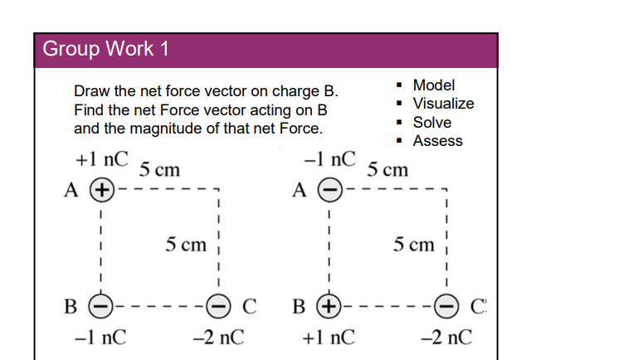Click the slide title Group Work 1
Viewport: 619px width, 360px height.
coord(105,49)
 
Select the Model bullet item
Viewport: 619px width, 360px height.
coord(433,85)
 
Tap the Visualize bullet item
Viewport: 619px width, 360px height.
coord(443,104)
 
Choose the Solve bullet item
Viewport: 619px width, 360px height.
coord(432,122)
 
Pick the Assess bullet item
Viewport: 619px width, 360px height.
coord(437,141)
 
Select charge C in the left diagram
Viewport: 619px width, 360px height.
coord(219,307)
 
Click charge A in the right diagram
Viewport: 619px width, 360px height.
coord(329,190)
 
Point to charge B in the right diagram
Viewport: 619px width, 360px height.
coord(329,307)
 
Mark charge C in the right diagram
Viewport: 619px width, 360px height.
coord(446,307)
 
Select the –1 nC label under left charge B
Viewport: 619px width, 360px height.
coord(101,338)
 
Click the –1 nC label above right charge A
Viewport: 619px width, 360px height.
coord(329,158)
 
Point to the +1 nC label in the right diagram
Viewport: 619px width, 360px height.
coord(329,338)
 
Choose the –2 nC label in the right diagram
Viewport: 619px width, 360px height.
coord(446,338)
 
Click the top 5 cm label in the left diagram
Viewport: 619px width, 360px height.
coord(159,170)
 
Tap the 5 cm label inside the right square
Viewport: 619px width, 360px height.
coord(414,245)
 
